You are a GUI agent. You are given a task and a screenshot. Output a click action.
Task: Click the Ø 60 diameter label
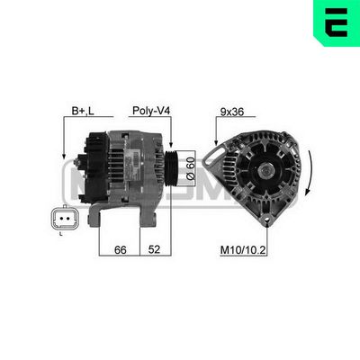tap(189, 165)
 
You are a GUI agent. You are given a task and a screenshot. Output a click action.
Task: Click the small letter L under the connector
tap(59, 235)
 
